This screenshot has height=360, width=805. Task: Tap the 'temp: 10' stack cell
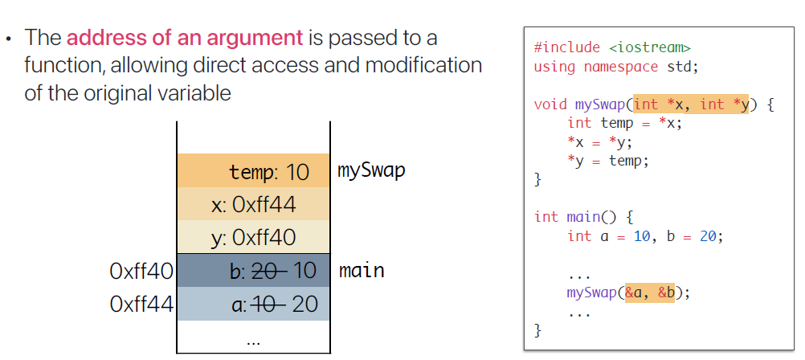tap(253, 171)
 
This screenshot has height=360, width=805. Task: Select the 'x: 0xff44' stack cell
tap(253, 205)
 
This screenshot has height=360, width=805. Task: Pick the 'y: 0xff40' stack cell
tap(253, 238)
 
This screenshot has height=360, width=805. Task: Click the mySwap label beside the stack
tap(372, 170)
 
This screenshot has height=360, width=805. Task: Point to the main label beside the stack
tap(362, 270)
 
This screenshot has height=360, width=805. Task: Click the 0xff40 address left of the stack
tap(141, 271)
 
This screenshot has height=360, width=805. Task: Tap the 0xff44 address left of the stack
tap(141, 305)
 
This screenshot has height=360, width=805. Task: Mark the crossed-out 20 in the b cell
tap(268, 271)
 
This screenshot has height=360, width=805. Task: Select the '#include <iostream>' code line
tap(611, 48)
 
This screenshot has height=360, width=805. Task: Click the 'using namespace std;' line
tap(616, 67)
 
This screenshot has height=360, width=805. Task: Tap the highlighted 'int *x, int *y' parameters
tap(690, 104)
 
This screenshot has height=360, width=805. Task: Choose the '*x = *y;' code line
tap(600, 142)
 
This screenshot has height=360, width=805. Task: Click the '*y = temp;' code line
tap(607, 161)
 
